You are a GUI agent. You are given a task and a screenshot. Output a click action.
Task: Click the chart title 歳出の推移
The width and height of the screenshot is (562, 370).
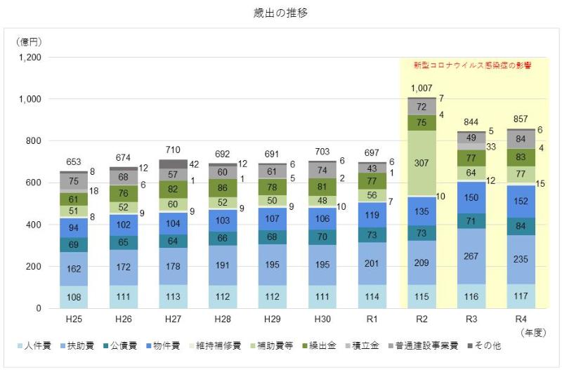coord(280,13)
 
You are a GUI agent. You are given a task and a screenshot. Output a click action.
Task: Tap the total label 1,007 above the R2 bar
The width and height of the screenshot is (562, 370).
coord(421,88)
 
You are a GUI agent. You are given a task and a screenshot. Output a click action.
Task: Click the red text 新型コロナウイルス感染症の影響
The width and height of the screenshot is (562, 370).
coord(471,65)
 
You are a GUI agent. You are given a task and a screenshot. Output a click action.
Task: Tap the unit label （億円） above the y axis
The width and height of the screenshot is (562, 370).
coord(28,42)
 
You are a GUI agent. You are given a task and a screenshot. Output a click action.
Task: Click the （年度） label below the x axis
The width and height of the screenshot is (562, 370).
coord(532,331)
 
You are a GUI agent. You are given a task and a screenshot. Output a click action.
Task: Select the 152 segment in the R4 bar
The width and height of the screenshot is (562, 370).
coord(521,201)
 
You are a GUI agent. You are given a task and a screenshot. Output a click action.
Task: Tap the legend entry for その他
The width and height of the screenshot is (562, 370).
coord(488,346)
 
